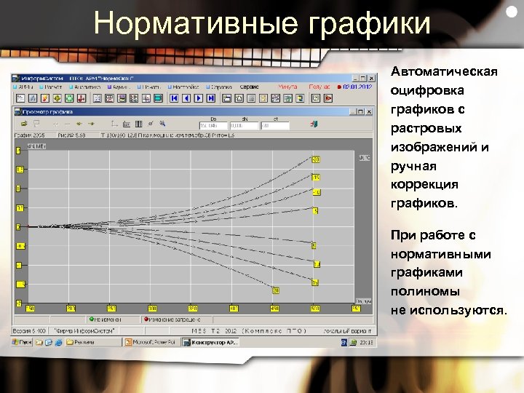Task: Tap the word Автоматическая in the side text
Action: point(444,72)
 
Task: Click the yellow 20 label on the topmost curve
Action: point(316,159)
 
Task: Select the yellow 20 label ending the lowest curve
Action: point(277,291)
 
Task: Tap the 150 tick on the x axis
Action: point(111,309)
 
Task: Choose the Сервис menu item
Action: point(250,86)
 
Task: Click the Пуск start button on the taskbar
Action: point(25,341)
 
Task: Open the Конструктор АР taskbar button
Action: point(208,341)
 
